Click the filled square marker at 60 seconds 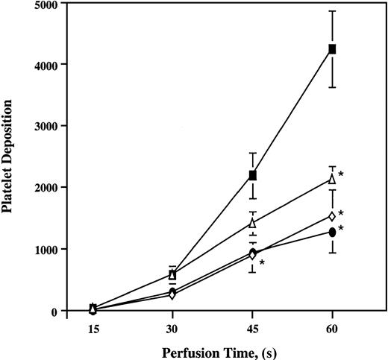(332, 49)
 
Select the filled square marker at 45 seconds (253, 175)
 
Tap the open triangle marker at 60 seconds (332, 180)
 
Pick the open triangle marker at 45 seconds (253, 223)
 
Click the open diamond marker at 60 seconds (332, 216)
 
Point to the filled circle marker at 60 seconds (332, 233)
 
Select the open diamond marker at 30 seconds (172, 294)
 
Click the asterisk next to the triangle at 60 (342, 175)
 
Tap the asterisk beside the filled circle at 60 (342, 229)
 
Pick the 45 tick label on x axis (252, 327)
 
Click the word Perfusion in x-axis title (184, 350)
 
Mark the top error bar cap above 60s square (332, 11)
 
